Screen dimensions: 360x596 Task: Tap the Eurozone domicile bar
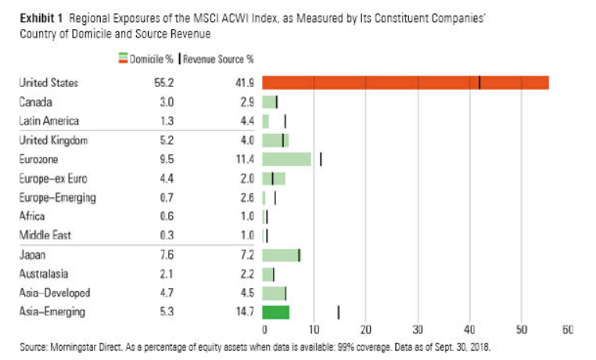(287, 160)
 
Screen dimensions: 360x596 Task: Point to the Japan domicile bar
(281, 255)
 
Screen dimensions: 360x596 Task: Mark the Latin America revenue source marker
(285, 121)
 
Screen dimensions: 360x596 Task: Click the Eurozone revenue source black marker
(321, 160)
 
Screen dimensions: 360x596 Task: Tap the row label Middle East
(44, 236)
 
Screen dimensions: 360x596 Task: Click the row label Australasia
(43, 274)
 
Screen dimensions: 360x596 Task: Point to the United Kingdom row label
(52, 140)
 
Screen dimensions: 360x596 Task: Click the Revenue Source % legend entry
(219, 58)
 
